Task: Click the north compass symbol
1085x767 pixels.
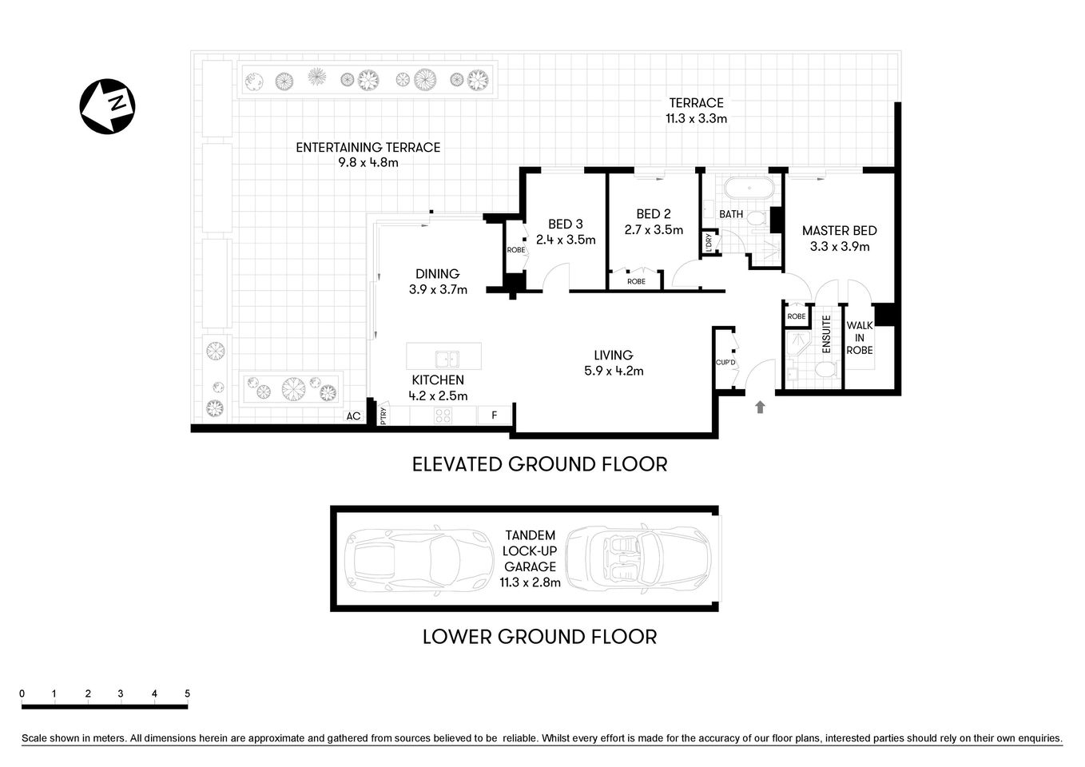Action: pyautogui.click(x=107, y=106)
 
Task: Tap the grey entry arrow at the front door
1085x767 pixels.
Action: pyautogui.click(x=760, y=407)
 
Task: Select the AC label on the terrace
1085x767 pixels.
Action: pyautogui.click(x=353, y=416)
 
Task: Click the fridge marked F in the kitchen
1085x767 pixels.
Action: pyautogui.click(x=495, y=415)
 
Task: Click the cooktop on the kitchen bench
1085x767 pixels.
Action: pyautogui.click(x=442, y=415)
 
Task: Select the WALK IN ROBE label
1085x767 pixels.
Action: pyautogui.click(x=860, y=338)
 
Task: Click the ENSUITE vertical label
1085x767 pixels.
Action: pyautogui.click(x=827, y=334)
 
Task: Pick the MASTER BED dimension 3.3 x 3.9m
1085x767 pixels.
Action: pyautogui.click(x=839, y=247)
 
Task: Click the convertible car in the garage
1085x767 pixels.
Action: pyautogui.click(x=638, y=558)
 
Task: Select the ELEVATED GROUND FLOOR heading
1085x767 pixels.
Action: pyautogui.click(x=539, y=464)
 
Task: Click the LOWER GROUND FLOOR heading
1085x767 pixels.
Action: pyautogui.click(x=539, y=637)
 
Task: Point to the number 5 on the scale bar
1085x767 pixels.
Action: pyautogui.click(x=187, y=693)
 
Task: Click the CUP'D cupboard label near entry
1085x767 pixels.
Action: pyautogui.click(x=725, y=362)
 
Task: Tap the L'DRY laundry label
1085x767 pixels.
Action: pyautogui.click(x=708, y=244)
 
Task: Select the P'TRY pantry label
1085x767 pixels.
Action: pyautogui.click(x=384, y=416)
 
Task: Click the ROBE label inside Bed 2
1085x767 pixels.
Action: pyautogui.click(x=636, y=281)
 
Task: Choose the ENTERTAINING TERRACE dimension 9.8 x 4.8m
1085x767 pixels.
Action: pyautogui.click(x=368, y=163)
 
